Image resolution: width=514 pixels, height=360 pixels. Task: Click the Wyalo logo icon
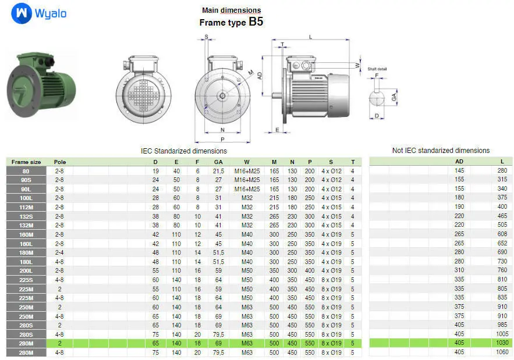(x=22, y=13)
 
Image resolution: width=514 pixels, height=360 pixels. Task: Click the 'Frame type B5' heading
(x=231, y=22)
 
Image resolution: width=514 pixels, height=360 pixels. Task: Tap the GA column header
(x=218, y=162)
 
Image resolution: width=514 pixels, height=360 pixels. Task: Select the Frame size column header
(x=26, y=162)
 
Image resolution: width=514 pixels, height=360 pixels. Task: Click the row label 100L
(x=26, y=198)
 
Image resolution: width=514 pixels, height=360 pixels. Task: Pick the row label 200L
(x=26, y=271)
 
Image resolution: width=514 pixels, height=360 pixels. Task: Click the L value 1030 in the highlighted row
(x=502, y=343)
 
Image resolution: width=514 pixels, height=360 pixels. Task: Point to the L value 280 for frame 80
(x=502, y=170)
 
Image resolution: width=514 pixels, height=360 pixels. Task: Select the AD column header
(x=459, y=162)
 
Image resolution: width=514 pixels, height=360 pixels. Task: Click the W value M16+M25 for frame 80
(x=247, y=171)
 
